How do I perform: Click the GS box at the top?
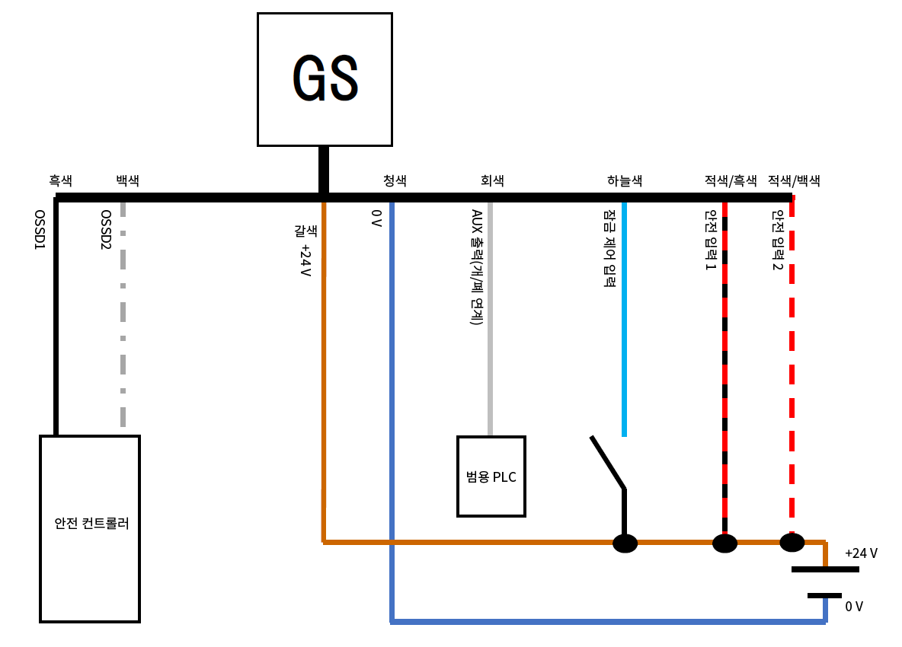(325, 79)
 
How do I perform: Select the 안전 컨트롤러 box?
(90, 528)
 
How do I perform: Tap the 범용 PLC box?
(491, 476)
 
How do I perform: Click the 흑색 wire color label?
(61, 180)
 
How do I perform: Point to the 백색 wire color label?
(127, 180)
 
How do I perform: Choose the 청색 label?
(395, 180)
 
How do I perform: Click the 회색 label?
(492, 180)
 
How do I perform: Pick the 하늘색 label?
(625, 180)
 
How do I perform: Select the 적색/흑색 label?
(731, 180)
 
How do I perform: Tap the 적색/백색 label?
(794, 180)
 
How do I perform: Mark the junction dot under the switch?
(625, 543)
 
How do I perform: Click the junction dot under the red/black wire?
(724, 543)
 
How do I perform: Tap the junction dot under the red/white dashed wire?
(792, 542)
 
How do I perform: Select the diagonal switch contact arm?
(608, 462)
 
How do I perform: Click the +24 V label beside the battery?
(861, 553)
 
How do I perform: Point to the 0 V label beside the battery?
(854, 607)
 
